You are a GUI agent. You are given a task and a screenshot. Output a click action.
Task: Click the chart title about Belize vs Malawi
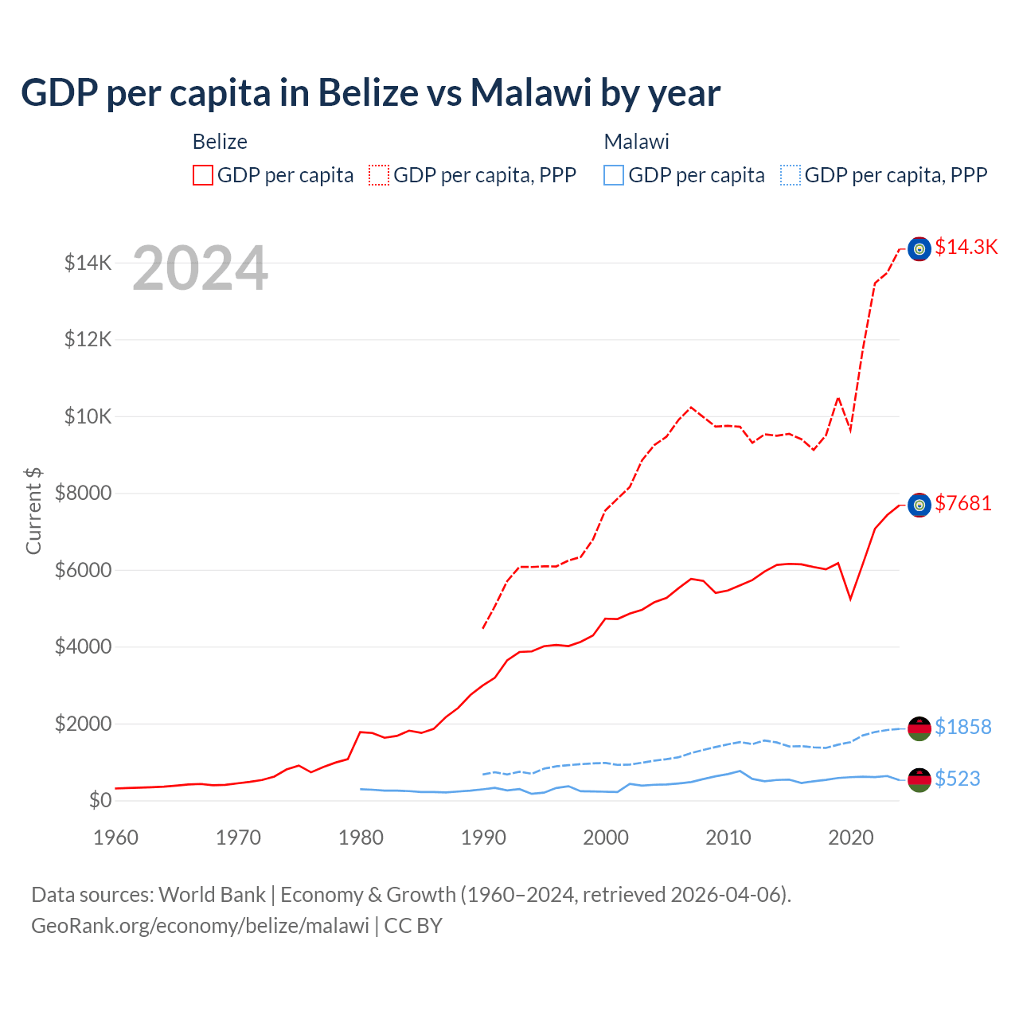coord(370,93)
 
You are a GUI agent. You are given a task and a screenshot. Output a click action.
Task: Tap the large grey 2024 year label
coord(200,268)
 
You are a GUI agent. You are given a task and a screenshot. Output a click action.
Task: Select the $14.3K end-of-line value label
coord(966,247)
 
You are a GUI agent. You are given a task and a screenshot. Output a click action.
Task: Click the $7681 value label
coord(962,503)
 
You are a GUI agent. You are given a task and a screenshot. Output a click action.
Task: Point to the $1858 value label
coord(962,727)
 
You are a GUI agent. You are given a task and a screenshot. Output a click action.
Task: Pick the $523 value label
coord(957,779)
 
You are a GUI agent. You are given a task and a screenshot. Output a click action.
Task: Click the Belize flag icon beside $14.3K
coord(919,249)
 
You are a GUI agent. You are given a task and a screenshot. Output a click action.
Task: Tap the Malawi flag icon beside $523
coord(919,780)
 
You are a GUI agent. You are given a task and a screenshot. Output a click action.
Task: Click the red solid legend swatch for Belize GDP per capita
coord(203,175)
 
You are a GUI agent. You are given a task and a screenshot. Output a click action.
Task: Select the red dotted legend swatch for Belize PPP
coord(379,175)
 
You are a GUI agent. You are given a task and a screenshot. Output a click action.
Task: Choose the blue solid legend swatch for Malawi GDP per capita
coord(614,175)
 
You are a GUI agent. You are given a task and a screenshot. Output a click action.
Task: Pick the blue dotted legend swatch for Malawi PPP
coord(791,175)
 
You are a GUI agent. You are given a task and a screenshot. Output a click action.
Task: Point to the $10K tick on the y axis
coord(88,416)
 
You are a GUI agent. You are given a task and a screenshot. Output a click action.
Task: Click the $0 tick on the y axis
coord(100,800)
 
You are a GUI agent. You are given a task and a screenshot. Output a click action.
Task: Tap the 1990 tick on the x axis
coord(483,837)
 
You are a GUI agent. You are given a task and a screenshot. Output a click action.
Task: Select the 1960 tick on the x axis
coord(116,837)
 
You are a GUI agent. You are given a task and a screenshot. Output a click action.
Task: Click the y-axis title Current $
coord(33,510)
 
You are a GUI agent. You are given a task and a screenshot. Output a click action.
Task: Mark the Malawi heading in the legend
coord(636,142)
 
